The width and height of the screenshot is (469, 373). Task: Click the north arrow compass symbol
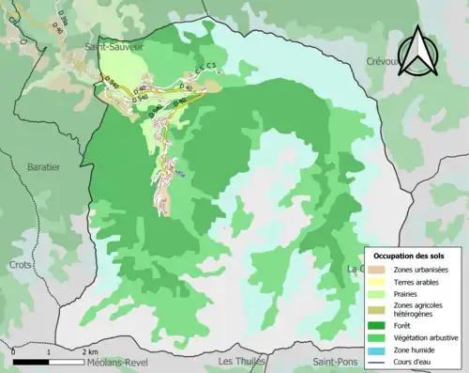(x=420, y=51)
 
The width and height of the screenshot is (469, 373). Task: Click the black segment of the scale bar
(x=31, y=361)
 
